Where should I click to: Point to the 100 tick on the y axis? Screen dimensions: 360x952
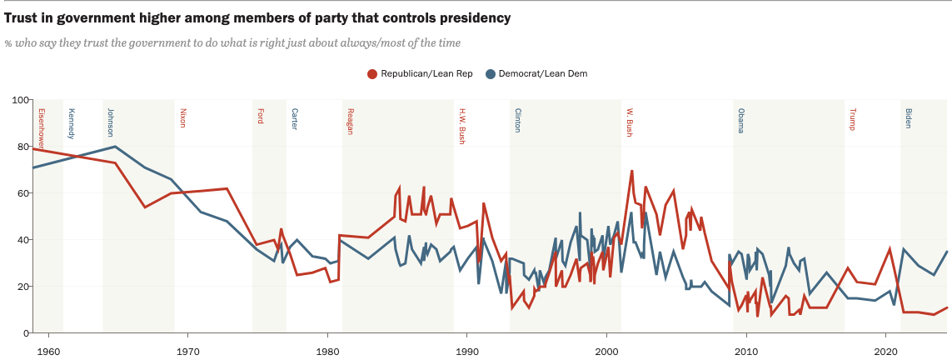click(17, 100)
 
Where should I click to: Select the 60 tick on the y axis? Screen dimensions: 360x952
click(20, 193)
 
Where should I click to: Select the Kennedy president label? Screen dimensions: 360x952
click(72, 123)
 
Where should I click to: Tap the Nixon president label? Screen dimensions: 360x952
click(183, 117)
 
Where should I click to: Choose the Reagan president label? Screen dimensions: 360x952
click(350, 122)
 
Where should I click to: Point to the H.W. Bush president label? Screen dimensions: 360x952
click(461, 127)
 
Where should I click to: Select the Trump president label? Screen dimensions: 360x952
click(852, 119)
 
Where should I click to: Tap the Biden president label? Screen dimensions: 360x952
click(908, 117)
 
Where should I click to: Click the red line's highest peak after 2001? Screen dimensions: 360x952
click(632, 171)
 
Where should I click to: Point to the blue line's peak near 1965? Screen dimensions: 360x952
click(116, 147)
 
